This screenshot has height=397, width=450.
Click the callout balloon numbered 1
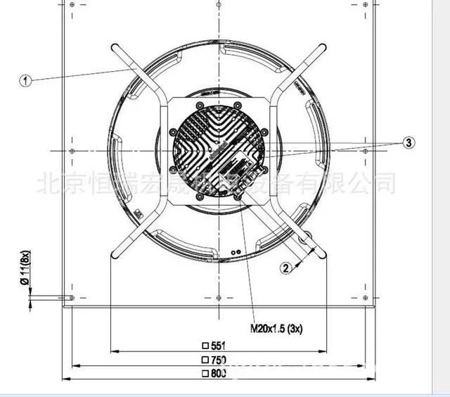(25, 81)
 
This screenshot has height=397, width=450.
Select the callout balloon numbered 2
(285, 267)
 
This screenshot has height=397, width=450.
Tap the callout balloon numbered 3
(409, 143)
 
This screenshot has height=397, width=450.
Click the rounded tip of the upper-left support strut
(115, 49)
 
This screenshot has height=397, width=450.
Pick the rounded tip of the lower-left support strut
(115, 255)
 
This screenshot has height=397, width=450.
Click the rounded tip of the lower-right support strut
(322, 255)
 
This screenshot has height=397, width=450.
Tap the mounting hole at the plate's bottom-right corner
(368, 298)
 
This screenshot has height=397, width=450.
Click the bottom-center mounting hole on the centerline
(220, 298)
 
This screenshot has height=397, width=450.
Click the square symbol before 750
(205, 360)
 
